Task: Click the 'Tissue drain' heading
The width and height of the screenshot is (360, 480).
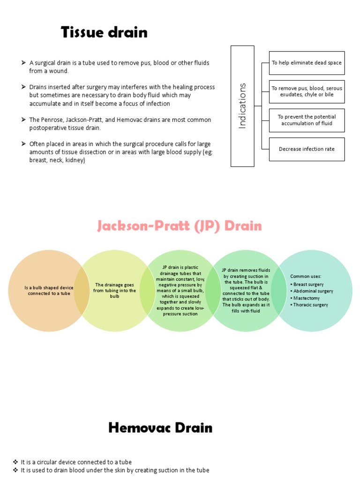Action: tap(104, 32)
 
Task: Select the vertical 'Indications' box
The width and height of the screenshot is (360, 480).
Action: tap(242, 106)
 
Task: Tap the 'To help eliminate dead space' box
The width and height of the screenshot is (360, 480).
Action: tap(307, 63)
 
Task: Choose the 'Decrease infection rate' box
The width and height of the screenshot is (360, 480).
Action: tap(307, 149)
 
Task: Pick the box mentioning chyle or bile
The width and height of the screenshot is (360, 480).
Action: tap(307, 91)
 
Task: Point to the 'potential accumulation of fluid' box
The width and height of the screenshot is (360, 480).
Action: tap(307, 120)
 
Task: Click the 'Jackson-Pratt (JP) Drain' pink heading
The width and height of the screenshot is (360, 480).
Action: tap(180, 226)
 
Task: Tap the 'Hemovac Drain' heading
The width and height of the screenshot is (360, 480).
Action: tap(160, 427)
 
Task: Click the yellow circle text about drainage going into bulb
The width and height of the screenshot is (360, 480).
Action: tap(115, 290)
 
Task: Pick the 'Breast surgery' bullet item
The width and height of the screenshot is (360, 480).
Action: tap(308, 285)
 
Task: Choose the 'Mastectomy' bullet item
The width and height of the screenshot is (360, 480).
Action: tap(306, 298)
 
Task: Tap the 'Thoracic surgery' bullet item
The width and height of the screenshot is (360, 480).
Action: tap(310, 305)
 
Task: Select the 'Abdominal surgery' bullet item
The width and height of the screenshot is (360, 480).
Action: tap(313, 291)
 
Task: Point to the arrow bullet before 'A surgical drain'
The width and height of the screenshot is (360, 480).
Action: tap(23, 63)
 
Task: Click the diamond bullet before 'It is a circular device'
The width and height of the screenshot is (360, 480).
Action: tap(15, 462)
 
